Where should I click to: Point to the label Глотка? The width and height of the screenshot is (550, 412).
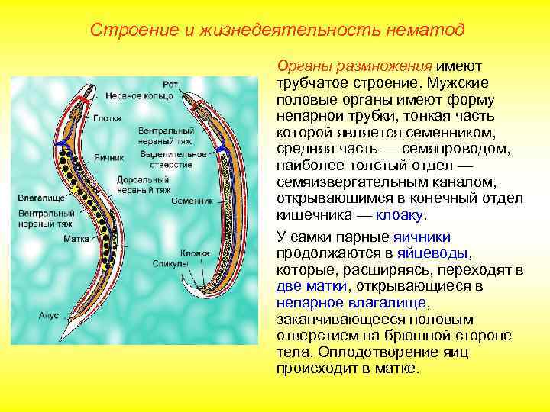point(107,118)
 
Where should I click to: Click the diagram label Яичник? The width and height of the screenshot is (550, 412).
point(108,157)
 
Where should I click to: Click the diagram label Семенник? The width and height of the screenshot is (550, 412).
point(192,201)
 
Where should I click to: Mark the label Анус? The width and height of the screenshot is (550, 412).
point(47,313)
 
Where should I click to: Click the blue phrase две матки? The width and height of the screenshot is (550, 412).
point(311,286)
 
